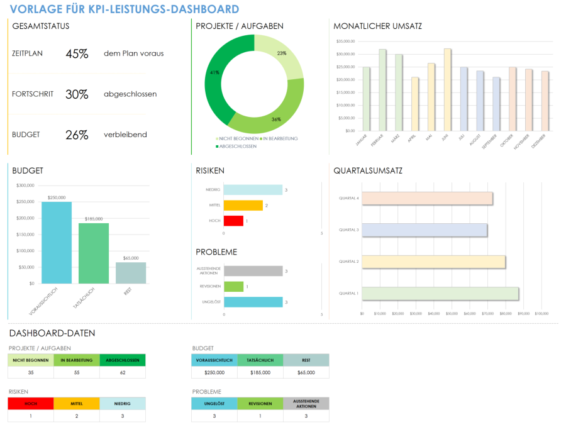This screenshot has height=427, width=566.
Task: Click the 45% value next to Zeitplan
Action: pos(77,53)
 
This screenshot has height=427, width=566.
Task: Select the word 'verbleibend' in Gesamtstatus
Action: pos(125,135)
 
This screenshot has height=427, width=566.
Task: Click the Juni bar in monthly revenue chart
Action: pos(447,90)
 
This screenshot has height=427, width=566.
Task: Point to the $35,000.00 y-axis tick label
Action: pos(346,42)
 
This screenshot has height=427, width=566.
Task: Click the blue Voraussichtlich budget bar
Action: pos(57,242)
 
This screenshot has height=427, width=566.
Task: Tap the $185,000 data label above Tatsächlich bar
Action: pos(94,218)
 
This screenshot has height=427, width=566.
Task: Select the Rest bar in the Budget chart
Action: pos(131,272)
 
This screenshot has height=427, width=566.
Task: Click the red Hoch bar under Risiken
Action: pos(233,221)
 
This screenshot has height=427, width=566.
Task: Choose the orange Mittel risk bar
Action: pos(243,205)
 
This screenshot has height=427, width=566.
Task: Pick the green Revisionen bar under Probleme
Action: pos(233,287)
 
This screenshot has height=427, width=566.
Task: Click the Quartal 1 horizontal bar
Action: pos(440,294)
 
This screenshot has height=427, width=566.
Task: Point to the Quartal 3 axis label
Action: pos(348,230)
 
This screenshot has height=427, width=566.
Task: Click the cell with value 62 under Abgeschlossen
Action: pos(122,372)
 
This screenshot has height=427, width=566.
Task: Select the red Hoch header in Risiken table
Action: pos(31,404)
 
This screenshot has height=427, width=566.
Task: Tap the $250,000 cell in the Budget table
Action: pos(214,372)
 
